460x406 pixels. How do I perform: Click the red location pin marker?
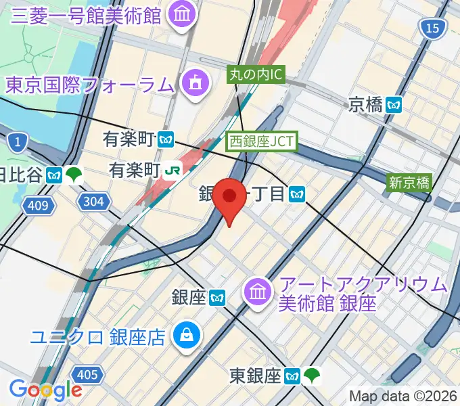point(230,198)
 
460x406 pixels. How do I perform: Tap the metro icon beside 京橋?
point(394,105)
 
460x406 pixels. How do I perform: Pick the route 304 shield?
point(92,201)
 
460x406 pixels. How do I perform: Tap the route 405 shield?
point(87,374)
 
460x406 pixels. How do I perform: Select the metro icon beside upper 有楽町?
point(166,140)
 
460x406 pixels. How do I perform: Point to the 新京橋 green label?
point(409,181)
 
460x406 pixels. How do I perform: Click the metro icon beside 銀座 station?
point(217,297)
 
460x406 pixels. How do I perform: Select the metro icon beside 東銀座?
point(292,374)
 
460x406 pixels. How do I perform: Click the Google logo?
point(45,390)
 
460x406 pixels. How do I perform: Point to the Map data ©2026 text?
point(402,396)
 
